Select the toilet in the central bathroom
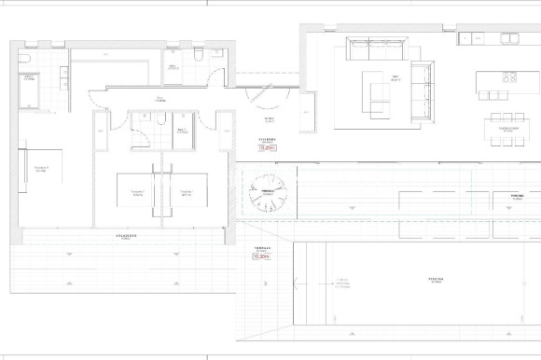click(x=162, y=118)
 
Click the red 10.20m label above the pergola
click(x=268, y=147)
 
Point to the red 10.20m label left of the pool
click(x=260, y=258)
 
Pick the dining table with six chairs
click(x=509, y=130)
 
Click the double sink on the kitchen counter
click(x=509, y=39)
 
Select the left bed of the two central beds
click(x=137, y=193)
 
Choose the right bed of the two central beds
click(x=186, y=193)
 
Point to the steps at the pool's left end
click(x=302, y=280)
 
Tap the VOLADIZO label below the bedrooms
click(x=126, y=237)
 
